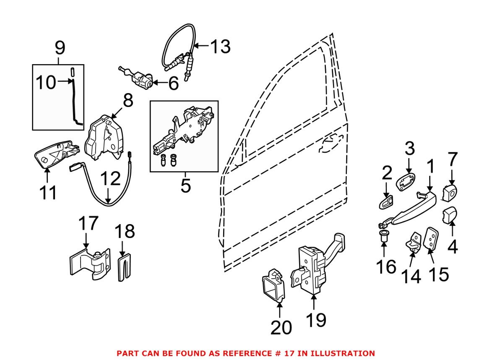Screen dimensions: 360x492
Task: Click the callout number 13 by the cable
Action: (220, 47)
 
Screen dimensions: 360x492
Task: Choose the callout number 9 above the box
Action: (60, 48)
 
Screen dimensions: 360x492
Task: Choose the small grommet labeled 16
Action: (383, 237)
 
